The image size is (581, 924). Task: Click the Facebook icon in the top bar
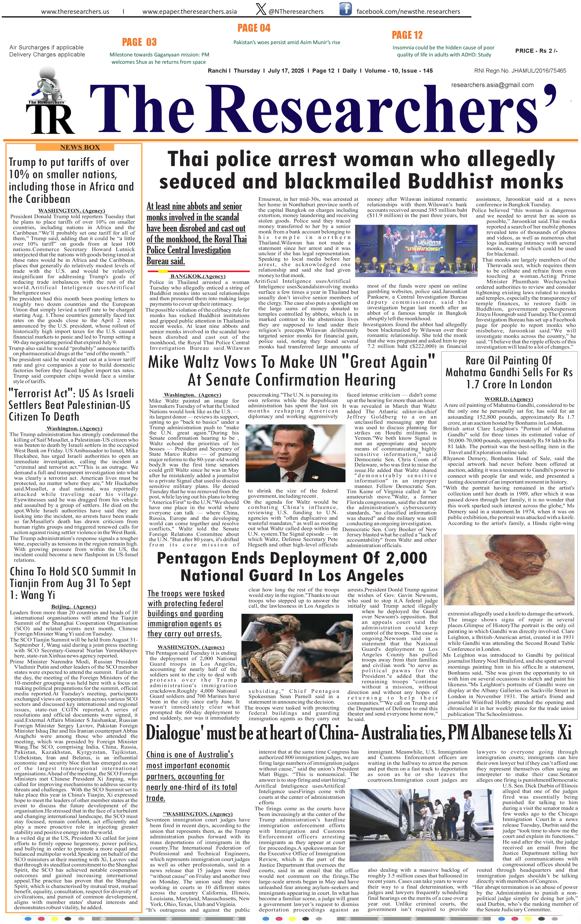tap(345, 9)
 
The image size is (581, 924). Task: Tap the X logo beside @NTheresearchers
tap(261, 9)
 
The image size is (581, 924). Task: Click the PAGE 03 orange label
tap(139, 42)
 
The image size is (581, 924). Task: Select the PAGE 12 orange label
tap(407, 35)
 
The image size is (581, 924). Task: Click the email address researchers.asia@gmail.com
tap(492, 85)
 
